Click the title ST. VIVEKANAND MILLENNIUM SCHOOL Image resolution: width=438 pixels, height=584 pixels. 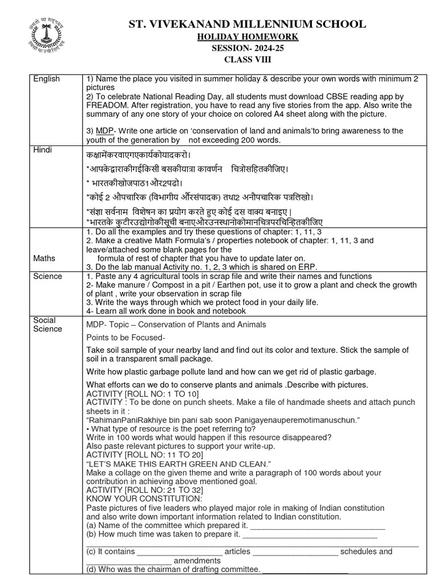pos(247,24)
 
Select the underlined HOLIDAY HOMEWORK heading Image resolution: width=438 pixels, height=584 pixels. pos(247,37)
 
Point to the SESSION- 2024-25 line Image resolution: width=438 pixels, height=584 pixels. pos(247,48)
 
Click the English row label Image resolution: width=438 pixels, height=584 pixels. pos(46,79)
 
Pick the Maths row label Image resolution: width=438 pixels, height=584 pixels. pos(44,258)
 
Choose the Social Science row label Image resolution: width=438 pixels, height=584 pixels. pos(47,325)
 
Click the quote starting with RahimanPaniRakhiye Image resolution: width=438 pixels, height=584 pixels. pos(222,420)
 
